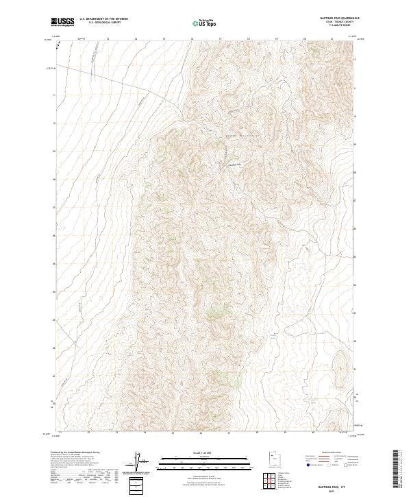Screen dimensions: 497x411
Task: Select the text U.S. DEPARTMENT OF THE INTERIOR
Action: pyautogui.click(x=103, y=20)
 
